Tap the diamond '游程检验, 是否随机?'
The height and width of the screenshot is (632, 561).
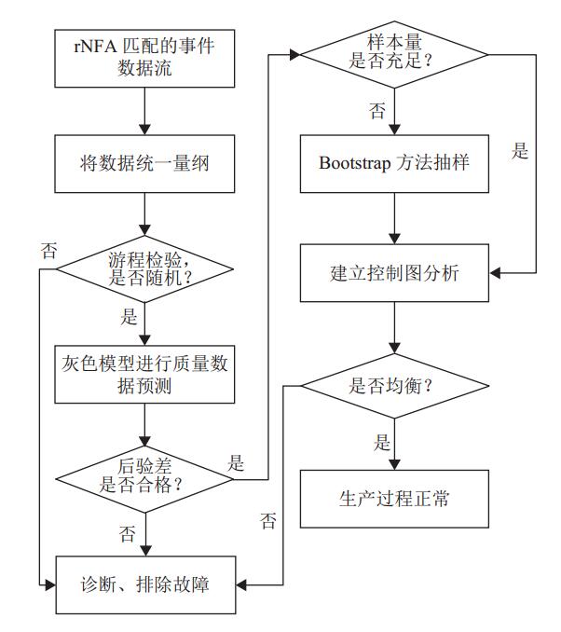click(x=144, y=269)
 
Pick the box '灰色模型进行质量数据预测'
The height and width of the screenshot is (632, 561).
click(x=144, y=375)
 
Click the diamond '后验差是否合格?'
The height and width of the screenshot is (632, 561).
click(x=144, y=477)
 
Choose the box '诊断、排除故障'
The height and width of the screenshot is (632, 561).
click(x=144, y=585)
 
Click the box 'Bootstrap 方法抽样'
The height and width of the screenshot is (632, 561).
click(x=396, y=163)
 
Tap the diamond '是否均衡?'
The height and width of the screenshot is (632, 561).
click(x=396, y=384)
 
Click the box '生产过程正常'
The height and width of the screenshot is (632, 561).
click(x=396, y=498)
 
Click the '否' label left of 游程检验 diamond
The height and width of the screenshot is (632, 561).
click(x=48, y=250)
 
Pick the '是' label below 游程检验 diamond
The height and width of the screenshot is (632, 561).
click(x=129, y=317)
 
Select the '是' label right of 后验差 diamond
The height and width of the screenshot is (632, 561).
click(x=236, y=462)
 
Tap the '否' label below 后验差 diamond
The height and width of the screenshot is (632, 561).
click(x=127, y=533)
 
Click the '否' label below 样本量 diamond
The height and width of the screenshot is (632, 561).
click(x=376, y=111)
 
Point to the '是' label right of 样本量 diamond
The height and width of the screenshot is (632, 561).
click(x=520, y=151)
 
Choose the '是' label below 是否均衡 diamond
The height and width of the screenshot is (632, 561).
click(x=382, y=442)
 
